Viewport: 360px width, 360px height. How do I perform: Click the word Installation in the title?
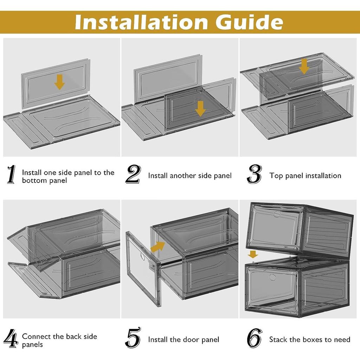tap(141, 22)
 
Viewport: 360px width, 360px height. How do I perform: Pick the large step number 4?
tap(11, 339)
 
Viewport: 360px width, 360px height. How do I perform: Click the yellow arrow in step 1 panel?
tap(59, 82)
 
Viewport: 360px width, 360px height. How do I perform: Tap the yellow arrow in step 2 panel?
tap(200, 109)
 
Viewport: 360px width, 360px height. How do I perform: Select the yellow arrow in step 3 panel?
tap(304, 66)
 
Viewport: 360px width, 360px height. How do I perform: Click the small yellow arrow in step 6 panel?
tap(253, 255)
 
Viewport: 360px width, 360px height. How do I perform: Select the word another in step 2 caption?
tap(183, 176)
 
